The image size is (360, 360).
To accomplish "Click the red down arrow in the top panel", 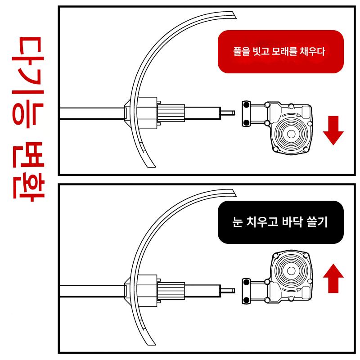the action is (333, 130).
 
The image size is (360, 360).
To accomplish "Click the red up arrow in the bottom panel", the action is (333, 278).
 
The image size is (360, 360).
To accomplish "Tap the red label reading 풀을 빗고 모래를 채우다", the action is (280, 52).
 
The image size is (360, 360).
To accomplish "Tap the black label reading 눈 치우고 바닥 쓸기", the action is (280, 222).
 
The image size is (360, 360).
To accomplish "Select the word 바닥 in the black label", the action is (291, 222).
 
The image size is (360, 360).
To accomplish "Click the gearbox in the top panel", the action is (277, 127).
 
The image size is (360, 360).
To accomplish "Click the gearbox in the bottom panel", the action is (277, 277).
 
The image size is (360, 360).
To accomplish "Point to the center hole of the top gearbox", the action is (291, 134).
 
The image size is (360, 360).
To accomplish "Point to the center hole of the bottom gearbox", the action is (291, 271).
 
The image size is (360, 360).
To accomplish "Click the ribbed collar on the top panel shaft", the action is (171, 113).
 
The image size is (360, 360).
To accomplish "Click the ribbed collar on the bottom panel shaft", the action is (171, 291).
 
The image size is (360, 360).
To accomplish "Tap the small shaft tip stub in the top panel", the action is (228, 113).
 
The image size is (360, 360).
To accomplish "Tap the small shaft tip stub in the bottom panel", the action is (228, 291).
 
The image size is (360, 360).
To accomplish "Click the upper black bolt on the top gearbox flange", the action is (246, 105).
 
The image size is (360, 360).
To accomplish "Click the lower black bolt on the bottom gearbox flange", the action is (246, 299).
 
